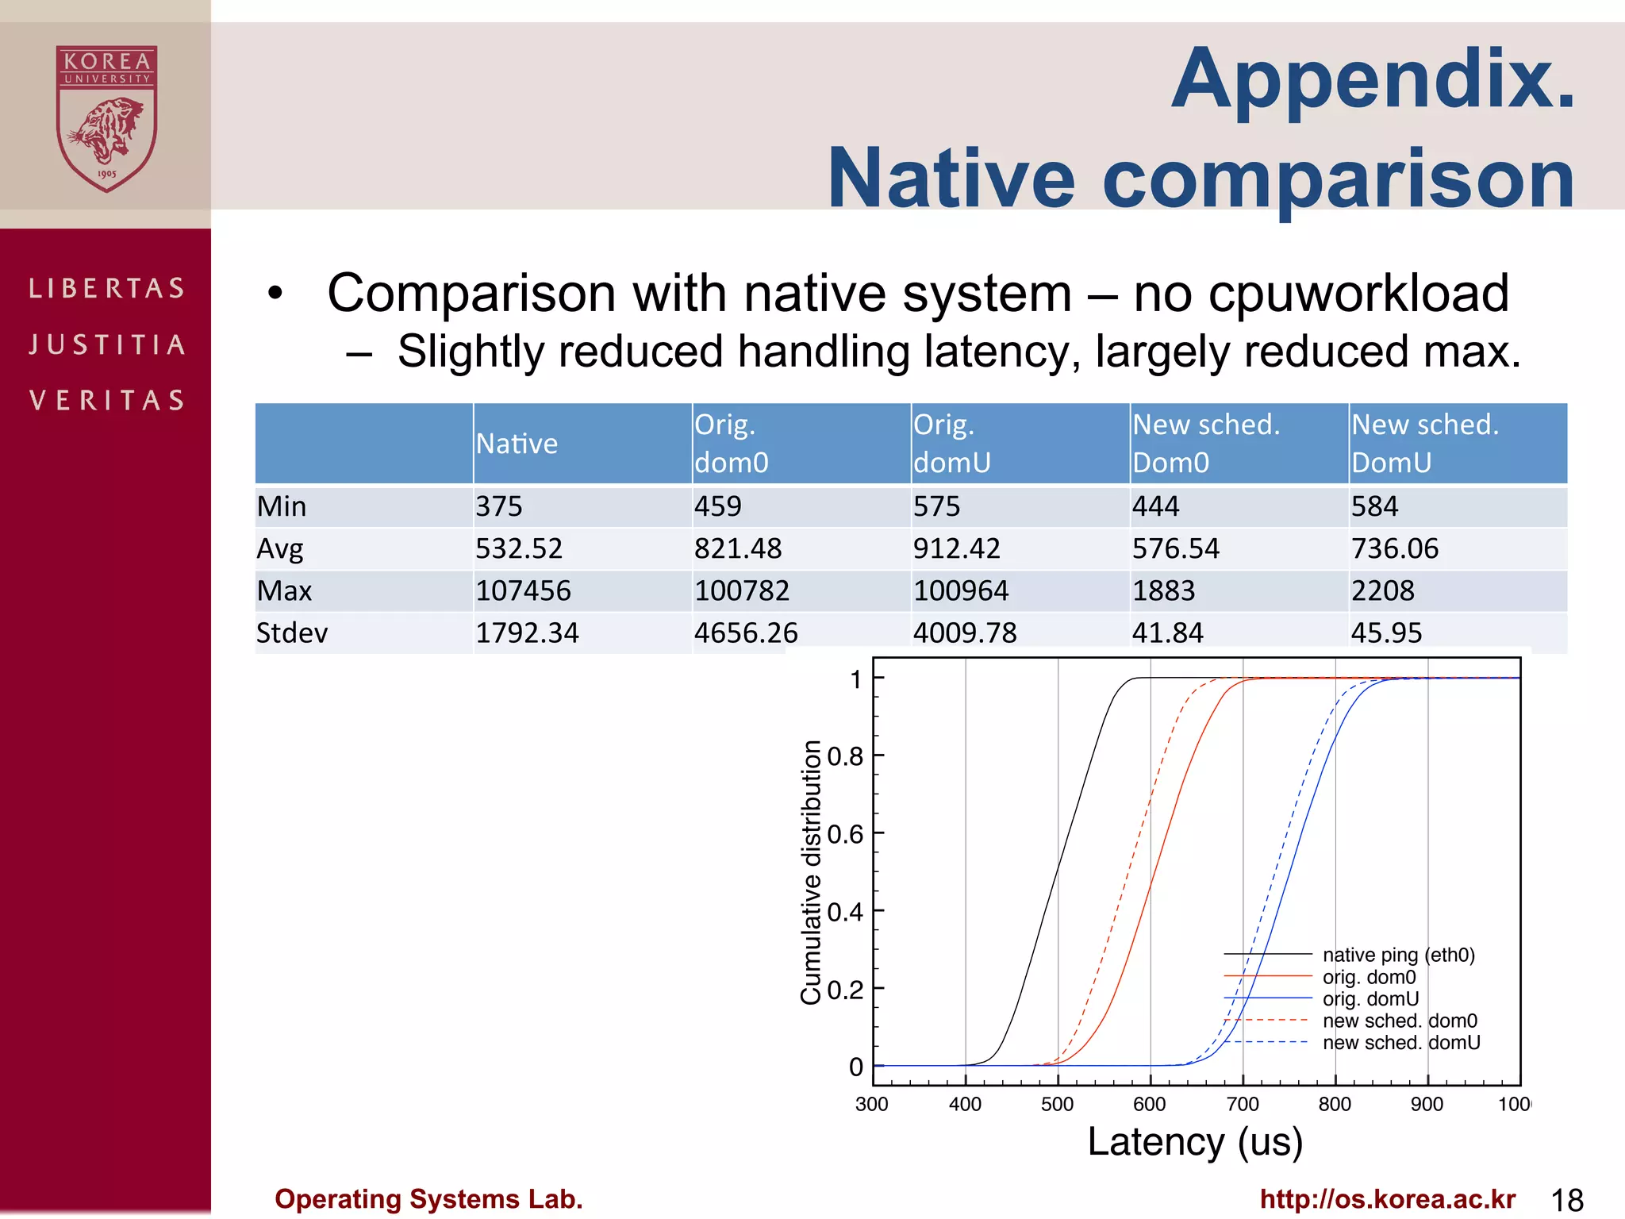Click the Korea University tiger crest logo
point(106,118)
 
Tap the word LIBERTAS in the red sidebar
point(106,288)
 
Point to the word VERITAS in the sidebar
point(106,400)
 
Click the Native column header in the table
point(517,444)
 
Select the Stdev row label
point(292,633)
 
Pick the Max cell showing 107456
point(523,590)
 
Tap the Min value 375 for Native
point(499,506)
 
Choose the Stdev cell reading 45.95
point(1386,633)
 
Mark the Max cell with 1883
point(1163,590)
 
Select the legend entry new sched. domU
point(1400,1043)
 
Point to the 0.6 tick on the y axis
point(845,834)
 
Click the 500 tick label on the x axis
point(1057,1104)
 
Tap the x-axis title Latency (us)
point(1195,1142)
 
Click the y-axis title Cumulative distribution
point(811,872)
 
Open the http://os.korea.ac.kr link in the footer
point(1387,1199)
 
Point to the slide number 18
point(1567,1200)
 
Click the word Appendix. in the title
point(1373,79)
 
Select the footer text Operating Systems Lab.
point(428,1199)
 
